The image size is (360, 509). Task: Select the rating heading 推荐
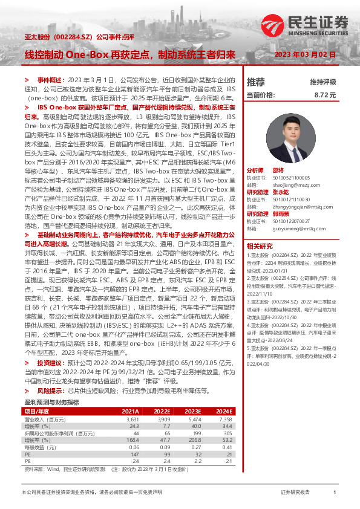[x=256, y=82]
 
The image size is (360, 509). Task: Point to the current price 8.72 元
[x=324, y=95]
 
